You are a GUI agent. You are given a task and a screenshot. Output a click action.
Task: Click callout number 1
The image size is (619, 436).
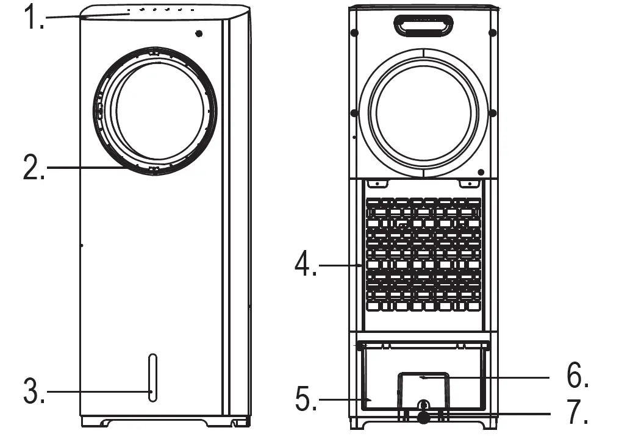pyautogui.click(x=34, y=18)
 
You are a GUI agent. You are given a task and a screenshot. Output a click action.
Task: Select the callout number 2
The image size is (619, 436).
pyautogui.click(x=34, y=168)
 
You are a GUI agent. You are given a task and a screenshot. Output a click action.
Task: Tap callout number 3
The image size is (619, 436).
pyautogui.click(x=34, y=391)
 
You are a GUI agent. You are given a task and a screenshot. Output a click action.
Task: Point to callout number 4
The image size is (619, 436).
pyautogui.click(x=306, y=265)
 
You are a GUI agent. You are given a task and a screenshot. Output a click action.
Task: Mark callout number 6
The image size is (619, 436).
pyautogui.click(x=577, y=377)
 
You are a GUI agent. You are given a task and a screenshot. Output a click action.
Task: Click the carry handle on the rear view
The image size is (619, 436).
pyautogui.click(x=423, y=26)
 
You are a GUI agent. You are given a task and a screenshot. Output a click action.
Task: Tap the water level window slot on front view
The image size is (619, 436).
pyautogui.click(x=152, y=378)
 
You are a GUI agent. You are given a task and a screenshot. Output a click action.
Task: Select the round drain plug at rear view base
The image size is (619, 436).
pyautogui.click(x=423, y=416)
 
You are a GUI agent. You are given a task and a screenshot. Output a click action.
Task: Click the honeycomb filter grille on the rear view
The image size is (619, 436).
pyautogui.click(x=423, y=254)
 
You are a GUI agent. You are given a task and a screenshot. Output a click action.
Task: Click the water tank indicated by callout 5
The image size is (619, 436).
pyautogui.click(x=378, y=378)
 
